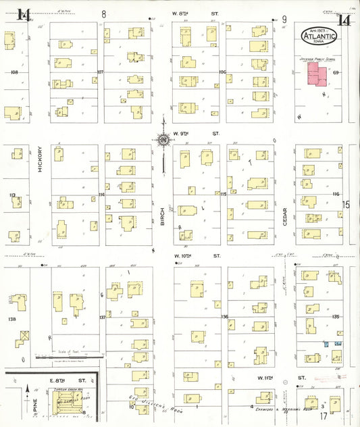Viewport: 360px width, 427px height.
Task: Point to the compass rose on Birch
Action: click(x=163, y=140)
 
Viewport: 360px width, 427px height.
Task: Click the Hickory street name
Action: click(x=40, y=160)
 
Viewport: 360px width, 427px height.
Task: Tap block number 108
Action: click(x=13, y=72)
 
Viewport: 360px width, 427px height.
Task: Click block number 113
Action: click(x=12, y=195)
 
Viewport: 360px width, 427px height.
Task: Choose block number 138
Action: click(x=11, y=318)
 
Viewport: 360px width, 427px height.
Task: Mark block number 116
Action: click(x=336, y=194)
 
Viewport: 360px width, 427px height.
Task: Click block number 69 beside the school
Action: click(x=335, y=72)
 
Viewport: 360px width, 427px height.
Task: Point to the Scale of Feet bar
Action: click(x=68, y=355)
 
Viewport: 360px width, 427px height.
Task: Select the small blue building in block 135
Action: click(x=326, y=345)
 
